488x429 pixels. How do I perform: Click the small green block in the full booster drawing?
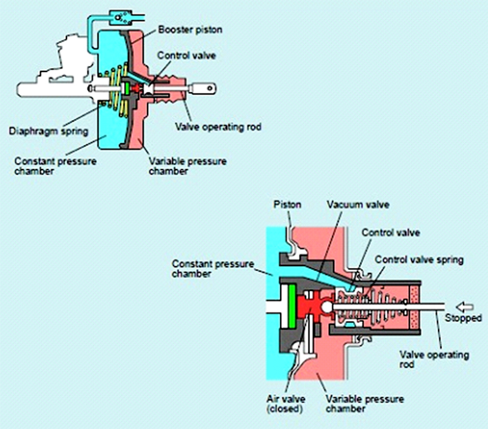click(126, 89)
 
